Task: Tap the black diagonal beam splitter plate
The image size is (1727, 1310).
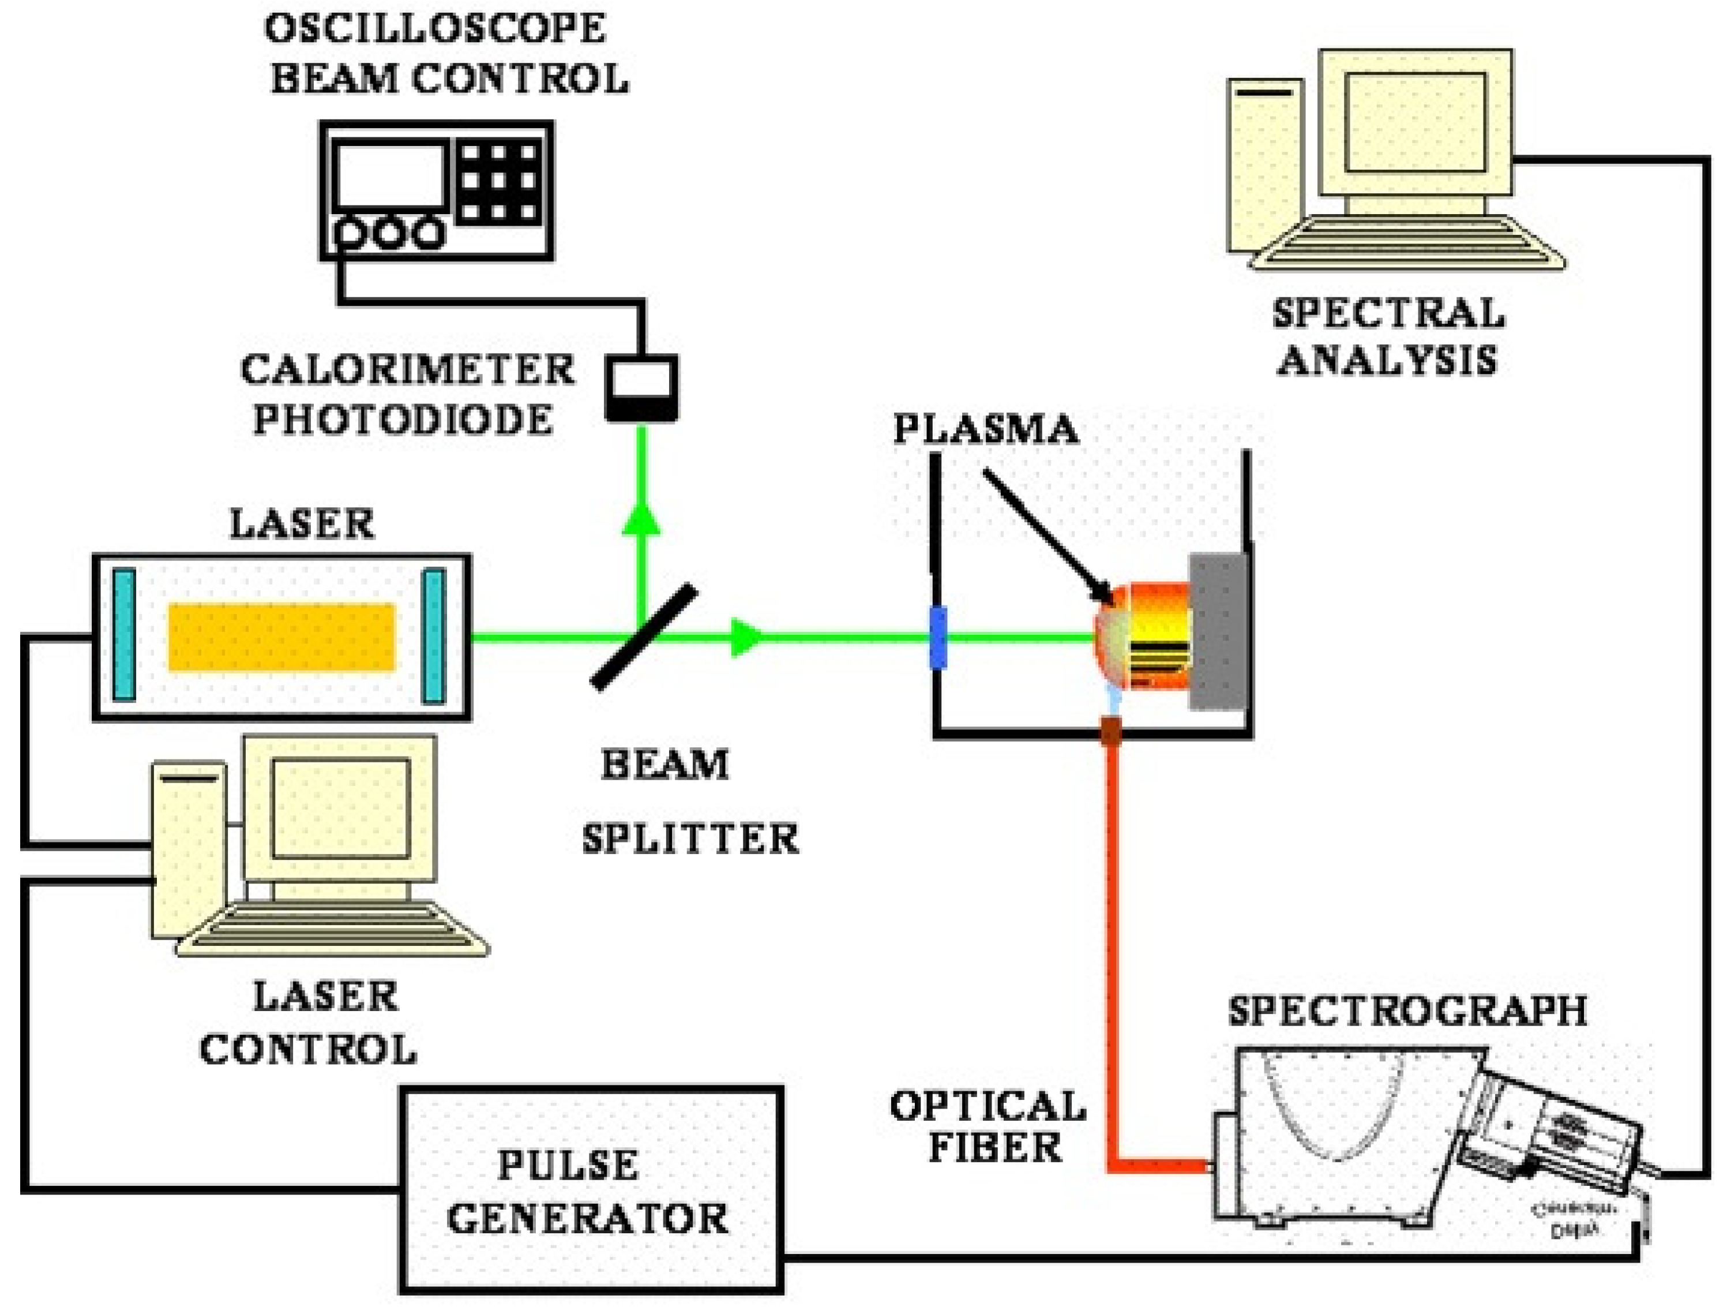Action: [643, 638]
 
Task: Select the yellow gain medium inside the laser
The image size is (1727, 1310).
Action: [281, 637]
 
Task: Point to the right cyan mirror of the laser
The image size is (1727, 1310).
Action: [434, 636]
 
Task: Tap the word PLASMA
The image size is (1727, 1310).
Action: [985, 429]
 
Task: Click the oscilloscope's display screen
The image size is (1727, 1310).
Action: [389, 177]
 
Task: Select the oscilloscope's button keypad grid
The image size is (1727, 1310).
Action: [499, 182]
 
